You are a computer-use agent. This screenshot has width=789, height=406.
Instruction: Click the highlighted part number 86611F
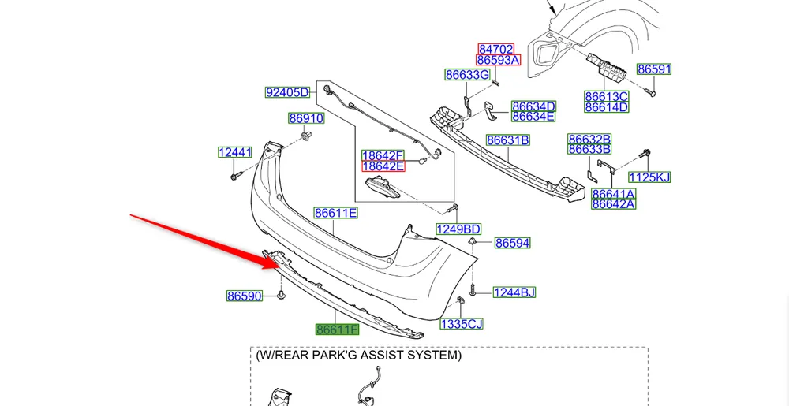[337, 330]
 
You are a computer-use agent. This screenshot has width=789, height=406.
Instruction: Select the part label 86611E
[336, 213]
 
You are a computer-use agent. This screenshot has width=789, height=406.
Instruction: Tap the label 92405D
[286, 92]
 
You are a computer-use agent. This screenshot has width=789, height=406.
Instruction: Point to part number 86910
[306, 119]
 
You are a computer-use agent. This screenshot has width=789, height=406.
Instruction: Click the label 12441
[235, 152]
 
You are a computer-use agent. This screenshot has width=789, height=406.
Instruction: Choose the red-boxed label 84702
[496, 49]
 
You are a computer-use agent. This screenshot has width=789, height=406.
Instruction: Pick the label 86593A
[498, 60]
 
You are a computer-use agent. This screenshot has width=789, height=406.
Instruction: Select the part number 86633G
[467, 75]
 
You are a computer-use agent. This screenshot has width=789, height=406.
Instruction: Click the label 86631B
[507, 140]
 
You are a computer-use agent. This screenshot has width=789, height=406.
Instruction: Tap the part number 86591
[654, 69]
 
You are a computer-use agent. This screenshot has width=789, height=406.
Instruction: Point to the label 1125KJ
[649, 177]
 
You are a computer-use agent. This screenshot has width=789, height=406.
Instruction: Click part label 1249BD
[458, 229]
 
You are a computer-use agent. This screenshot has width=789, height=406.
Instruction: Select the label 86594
[513, 244]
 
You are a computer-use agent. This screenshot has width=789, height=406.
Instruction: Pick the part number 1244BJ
[514, 292]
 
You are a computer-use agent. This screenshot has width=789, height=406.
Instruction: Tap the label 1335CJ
[461, 324]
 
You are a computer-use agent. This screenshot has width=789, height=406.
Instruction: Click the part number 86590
[244, 296]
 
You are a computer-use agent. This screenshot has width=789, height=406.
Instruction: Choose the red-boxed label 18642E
[383, 166]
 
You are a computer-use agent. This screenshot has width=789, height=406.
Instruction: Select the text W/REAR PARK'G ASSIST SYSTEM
[358, 356]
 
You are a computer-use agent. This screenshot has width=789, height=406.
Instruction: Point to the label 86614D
[606, 107]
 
